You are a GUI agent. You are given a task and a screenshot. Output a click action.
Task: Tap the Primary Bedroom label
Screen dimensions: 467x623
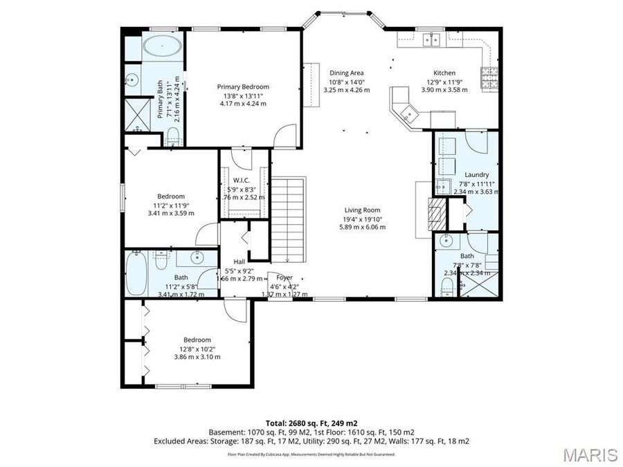tap(243, 86)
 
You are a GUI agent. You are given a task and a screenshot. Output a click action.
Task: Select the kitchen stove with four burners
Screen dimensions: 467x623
tap(490, 79)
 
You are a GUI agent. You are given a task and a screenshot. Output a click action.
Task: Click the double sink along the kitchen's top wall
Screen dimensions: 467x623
tap(433, 39)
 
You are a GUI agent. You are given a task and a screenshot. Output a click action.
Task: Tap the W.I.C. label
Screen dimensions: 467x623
tap(241, 180)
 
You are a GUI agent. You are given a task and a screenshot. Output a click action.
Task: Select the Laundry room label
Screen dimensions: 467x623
tap(477, 174)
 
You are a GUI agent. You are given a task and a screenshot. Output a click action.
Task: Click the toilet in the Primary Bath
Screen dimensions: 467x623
tap(174, 135)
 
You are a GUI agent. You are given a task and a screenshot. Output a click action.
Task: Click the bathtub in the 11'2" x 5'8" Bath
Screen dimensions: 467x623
tap(137, 273)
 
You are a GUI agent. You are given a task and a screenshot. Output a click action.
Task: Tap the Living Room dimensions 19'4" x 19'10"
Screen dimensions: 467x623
tap(362, 219)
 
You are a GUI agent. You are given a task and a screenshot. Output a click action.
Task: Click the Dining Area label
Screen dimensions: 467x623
tap(346, 73)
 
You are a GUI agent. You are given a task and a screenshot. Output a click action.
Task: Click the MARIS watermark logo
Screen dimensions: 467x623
tap(590, 455)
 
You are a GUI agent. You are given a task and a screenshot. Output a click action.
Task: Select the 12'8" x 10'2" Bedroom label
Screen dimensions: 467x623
tap(197, 340)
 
